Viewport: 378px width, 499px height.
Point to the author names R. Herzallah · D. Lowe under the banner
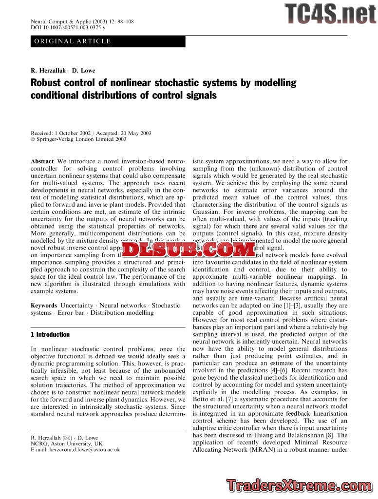(x=63, y=71)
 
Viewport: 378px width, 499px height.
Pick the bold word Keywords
(x=44, y=306)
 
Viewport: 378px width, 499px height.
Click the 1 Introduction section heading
(x=50, y=335)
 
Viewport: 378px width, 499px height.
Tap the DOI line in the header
(x=68, y=28)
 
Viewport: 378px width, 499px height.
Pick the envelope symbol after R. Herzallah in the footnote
(x=69, y=438)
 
